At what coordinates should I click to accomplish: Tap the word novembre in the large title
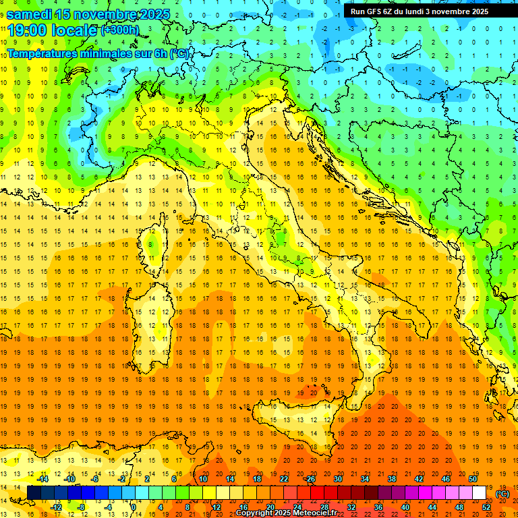102,13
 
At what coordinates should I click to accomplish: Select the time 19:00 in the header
28,30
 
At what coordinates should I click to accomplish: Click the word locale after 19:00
75,30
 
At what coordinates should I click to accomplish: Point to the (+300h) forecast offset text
120,30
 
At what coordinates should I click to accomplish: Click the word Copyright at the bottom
256,513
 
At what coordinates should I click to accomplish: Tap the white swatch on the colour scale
478,492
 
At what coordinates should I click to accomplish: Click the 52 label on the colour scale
486,507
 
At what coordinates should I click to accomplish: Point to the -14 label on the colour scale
43,479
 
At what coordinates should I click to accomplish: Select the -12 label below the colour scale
57,507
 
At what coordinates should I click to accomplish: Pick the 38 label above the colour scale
391,479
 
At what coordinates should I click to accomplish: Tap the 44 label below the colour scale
432,507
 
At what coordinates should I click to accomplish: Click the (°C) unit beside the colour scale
502,494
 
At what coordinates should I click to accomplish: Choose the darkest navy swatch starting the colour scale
34,492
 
